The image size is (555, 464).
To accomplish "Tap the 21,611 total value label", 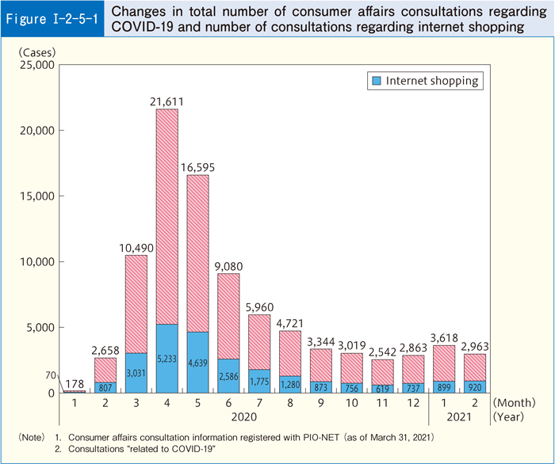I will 166,100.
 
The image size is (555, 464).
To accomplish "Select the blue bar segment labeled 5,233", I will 166,358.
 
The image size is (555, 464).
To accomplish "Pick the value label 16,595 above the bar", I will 199,166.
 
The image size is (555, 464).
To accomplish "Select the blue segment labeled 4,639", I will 199,362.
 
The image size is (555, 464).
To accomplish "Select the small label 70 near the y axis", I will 50,375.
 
